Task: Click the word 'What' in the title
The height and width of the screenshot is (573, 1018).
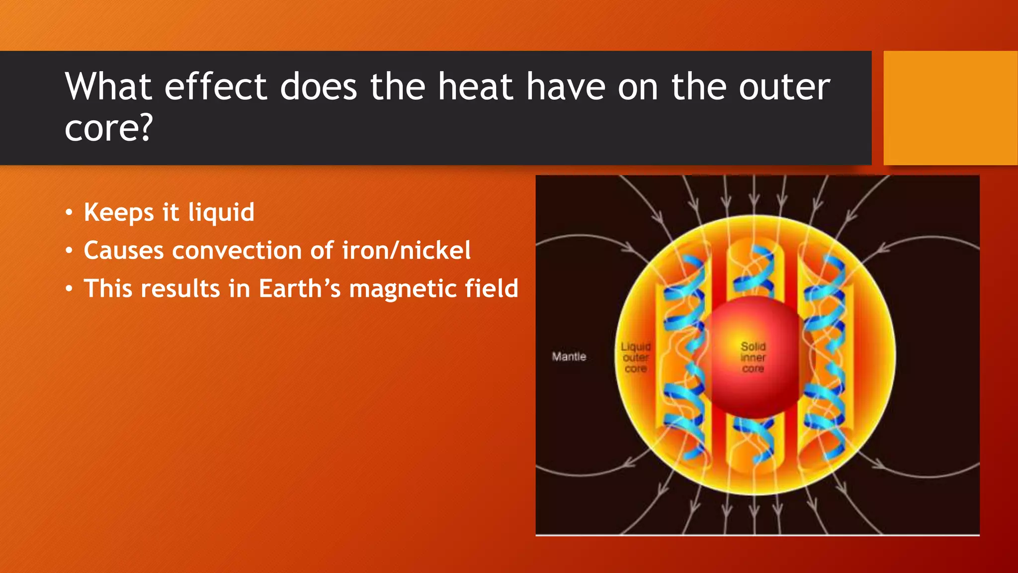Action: tap(108, 87)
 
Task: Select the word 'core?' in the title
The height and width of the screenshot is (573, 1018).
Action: tap(108, 128)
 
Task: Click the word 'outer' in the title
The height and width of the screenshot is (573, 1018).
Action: tap(784, 87)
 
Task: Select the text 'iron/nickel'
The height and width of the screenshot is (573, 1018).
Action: tap(406, 250)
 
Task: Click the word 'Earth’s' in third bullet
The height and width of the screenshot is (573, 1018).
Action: tap(299, 288)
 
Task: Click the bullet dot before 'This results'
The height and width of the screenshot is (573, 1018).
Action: tap(69, 289)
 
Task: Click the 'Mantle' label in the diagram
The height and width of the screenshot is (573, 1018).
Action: tap(569, 357)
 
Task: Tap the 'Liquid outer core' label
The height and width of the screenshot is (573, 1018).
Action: tap(636, 358)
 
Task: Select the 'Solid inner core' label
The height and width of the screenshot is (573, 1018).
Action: tap(753, 357)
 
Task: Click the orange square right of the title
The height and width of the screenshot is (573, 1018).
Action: tap(950, 107)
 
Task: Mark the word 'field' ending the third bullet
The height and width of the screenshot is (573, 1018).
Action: tap(491, 288)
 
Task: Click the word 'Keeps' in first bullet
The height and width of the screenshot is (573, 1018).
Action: tap(119, 213)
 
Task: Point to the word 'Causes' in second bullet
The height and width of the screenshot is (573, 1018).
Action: tap(123, 250)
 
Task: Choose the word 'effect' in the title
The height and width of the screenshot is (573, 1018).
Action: tap(215, 87)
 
